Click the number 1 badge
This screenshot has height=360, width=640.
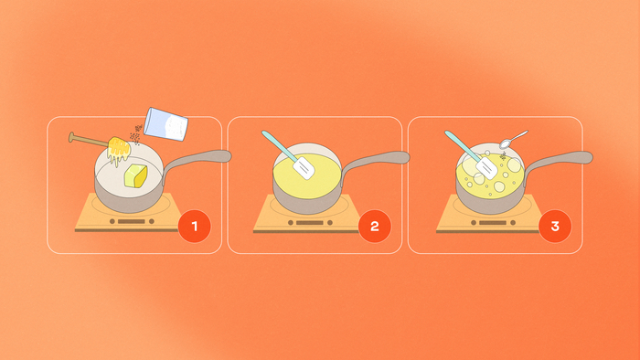194,227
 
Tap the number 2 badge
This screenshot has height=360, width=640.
375,227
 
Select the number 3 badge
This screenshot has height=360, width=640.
555,227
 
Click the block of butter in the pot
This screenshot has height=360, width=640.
135,176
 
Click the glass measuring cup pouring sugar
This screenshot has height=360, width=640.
166,124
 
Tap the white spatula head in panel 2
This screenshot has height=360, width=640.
304,168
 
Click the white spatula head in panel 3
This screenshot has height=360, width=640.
486,168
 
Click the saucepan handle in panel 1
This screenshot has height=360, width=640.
198,159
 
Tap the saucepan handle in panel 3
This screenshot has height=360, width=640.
559,160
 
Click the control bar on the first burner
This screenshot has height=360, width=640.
132,221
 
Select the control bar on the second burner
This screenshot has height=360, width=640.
310,223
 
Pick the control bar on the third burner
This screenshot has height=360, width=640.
493,223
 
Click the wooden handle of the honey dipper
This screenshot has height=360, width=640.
89,140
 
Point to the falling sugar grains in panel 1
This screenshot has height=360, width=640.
136,135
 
